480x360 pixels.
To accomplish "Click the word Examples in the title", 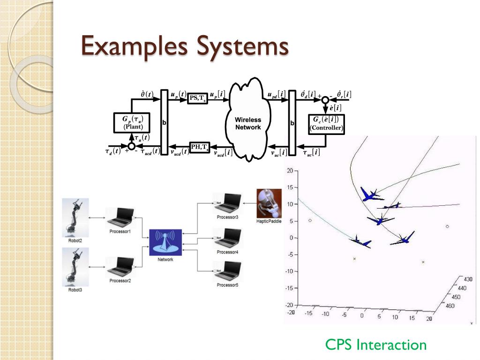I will coord(132,48).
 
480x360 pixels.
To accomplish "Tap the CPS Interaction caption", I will coord(376,345).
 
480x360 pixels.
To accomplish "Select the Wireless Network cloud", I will coord(248,124).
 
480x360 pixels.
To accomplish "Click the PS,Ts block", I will coord(198,98).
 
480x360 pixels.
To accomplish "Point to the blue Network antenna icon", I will coord(165,242).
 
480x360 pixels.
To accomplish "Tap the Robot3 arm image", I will coord(75,267).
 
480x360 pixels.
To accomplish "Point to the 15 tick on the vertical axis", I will coord(290,187).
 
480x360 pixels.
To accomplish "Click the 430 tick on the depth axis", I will coord(468,279).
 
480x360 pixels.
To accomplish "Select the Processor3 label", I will coord(227,217).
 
